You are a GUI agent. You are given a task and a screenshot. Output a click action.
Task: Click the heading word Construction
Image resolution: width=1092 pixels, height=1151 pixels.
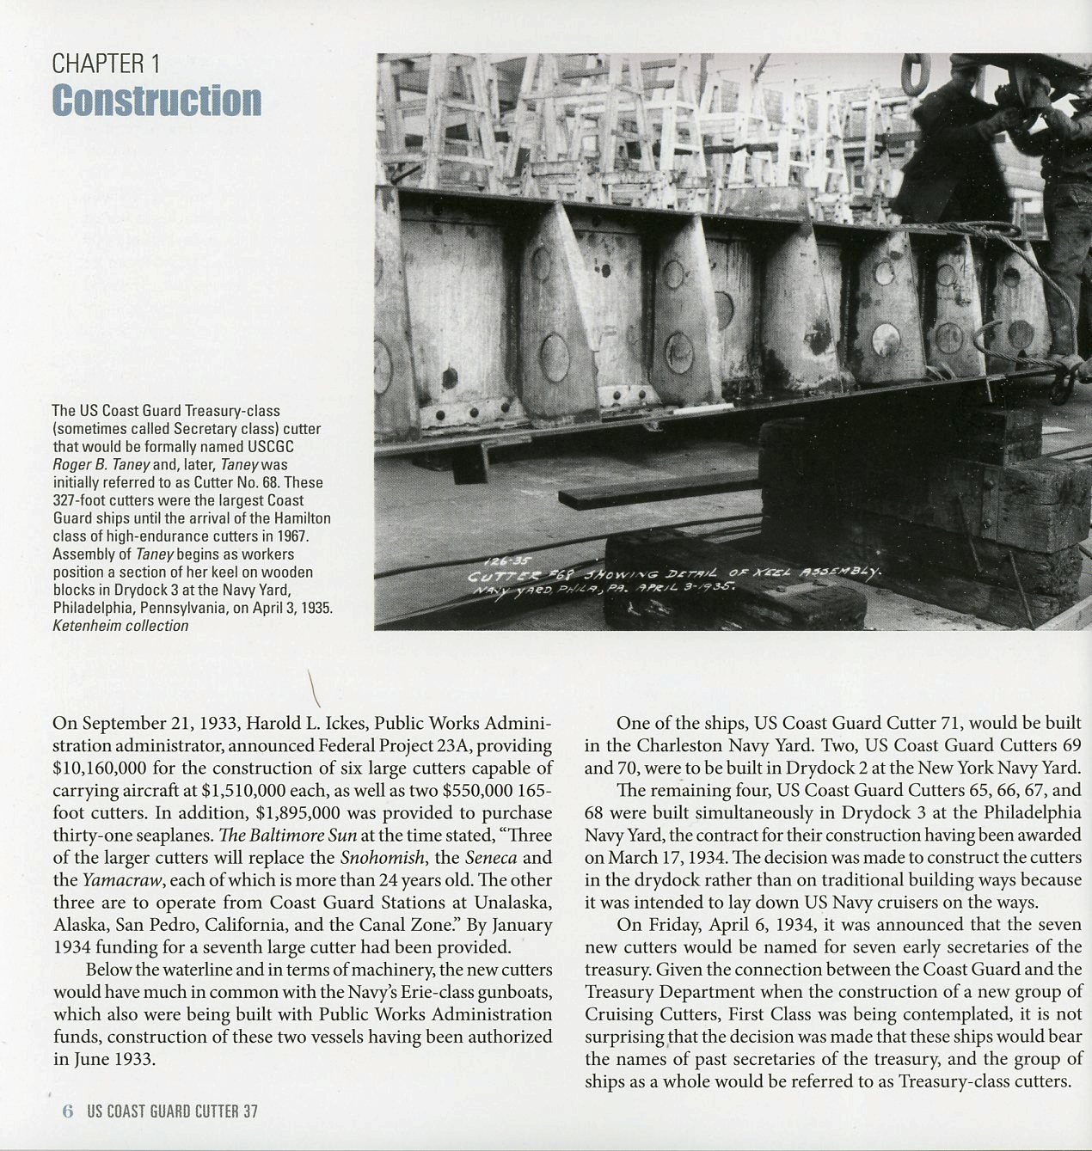156,101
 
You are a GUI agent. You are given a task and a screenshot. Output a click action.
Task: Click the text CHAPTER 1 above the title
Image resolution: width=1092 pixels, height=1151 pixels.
106,64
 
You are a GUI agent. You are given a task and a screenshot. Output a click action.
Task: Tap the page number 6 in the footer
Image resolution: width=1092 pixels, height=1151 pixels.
68,1111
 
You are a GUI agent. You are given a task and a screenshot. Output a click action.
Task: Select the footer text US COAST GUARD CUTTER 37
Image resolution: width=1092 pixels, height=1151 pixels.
172,1111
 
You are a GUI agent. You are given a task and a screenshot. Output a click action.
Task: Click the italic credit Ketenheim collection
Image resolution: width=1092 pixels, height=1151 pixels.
120,626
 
